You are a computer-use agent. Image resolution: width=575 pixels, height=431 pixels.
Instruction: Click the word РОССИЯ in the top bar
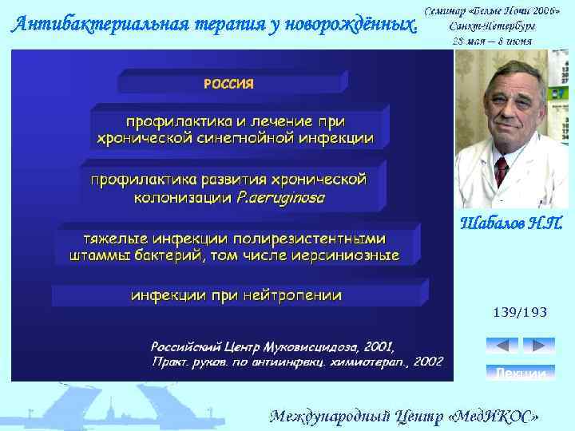[228, 83]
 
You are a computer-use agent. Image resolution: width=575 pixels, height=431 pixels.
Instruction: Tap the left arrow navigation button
[502, 346]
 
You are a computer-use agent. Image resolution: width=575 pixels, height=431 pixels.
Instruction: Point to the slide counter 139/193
[521, 313]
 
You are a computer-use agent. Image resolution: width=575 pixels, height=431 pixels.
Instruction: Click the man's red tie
[502, 170]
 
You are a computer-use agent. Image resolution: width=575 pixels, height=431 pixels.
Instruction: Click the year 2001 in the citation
[379, 347]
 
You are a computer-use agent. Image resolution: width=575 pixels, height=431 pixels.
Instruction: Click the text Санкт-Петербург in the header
[494, 26]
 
